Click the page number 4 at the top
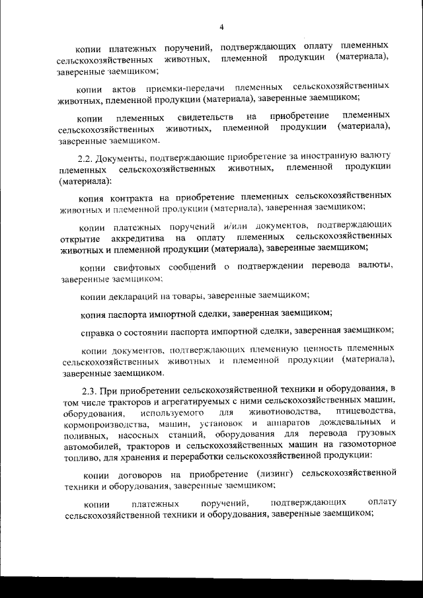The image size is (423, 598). pyautogui.click(x=221, y=26)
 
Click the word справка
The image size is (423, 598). pyautogui.click(x=95, y=330)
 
